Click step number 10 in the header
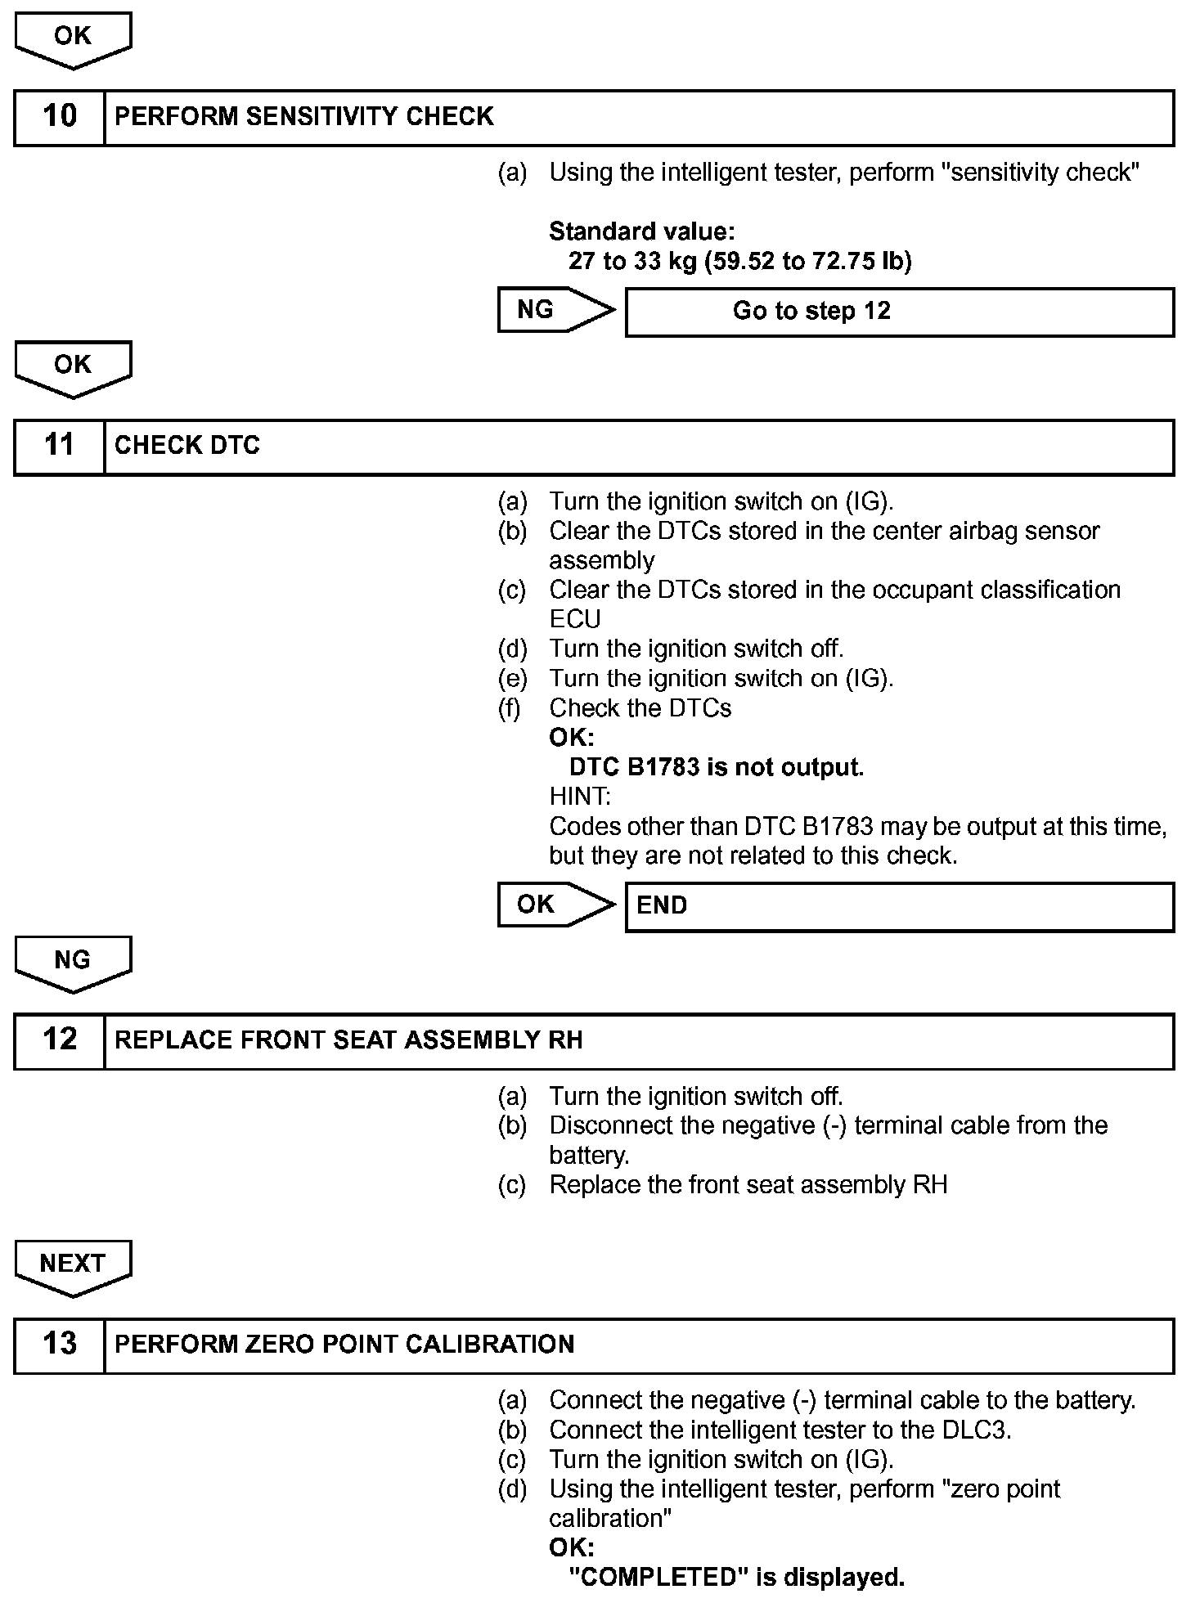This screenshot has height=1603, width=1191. (x=60, y=117)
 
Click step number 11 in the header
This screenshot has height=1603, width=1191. (x=60, y=447)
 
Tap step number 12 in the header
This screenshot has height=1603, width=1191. (x=60, y=1041)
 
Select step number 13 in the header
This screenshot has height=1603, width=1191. (x=60, y=1345)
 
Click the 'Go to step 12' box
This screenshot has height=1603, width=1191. (x=899, y=312)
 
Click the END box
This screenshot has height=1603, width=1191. (x=899, y=906)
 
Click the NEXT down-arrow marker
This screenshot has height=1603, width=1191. (x=73, y=1265)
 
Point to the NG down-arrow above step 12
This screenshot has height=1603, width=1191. (x=73, y=962)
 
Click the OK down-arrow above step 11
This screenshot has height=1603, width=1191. (x=73, y=366)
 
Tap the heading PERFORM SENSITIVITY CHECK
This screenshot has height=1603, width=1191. (x=304, y=117)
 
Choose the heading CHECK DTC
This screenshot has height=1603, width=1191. (x=187, y=447)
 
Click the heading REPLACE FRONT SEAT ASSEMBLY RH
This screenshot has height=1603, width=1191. (x=348, y=1041)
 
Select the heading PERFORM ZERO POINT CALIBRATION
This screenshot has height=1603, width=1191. (x=344, y=1345)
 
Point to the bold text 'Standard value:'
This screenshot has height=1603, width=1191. (x=641, y=232)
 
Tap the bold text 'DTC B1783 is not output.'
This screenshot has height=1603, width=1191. (x=716, y=768)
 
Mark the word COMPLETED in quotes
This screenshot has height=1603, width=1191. (x=660, y=1578)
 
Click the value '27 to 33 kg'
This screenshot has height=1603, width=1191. (x=632, y=262)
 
